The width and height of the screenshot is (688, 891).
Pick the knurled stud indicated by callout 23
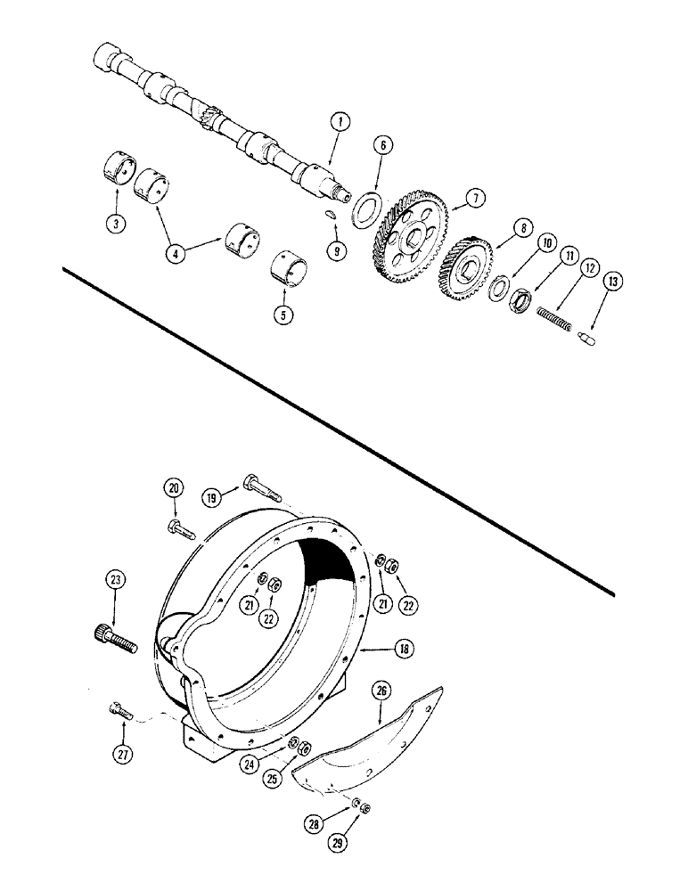[111, 637]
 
